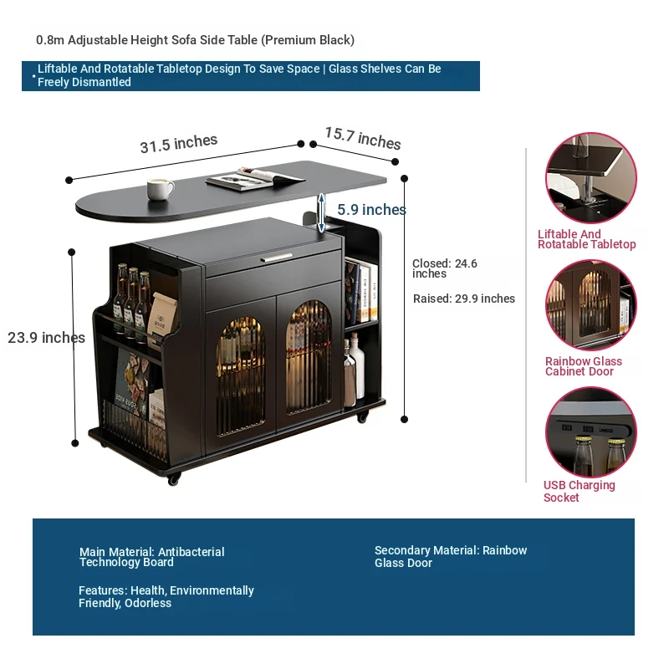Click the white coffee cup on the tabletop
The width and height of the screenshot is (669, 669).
160,189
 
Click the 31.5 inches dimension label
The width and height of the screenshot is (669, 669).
178,144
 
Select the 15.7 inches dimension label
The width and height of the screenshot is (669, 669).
362,138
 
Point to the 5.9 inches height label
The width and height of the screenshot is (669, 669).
371,210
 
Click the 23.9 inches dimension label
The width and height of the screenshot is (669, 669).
46,338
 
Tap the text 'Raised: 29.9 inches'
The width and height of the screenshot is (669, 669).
463,299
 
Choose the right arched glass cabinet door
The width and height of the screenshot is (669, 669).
307,357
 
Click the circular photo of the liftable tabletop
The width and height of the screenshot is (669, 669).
590,178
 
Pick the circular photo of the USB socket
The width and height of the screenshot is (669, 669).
590,432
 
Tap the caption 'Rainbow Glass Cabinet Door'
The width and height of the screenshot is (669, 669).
583,366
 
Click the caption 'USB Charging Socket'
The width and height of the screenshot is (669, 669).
579,491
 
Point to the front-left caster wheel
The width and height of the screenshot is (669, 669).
174,479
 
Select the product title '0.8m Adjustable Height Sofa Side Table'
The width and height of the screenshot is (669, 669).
195,40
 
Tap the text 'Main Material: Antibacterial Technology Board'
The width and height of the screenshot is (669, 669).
151,557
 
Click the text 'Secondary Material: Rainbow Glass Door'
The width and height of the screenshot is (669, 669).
450,557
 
